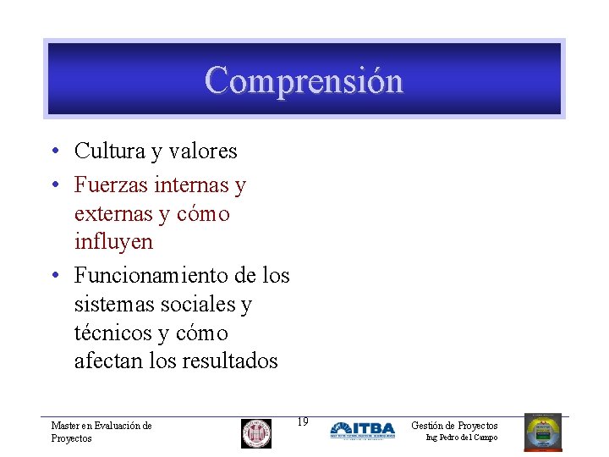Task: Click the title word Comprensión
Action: pos(304,80)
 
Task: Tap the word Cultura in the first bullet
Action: pos(108,151)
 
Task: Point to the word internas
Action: pos(192,184)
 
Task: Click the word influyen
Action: pos(113,242)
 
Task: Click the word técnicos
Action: pos(112,333)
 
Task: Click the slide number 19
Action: pos(303,421)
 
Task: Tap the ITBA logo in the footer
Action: pos(362,430)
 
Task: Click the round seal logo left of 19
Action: pos(256,433)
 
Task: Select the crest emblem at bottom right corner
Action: pos(542,432)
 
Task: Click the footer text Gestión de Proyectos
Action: pos(454,425)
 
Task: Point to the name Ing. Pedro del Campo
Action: pos(462,438)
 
